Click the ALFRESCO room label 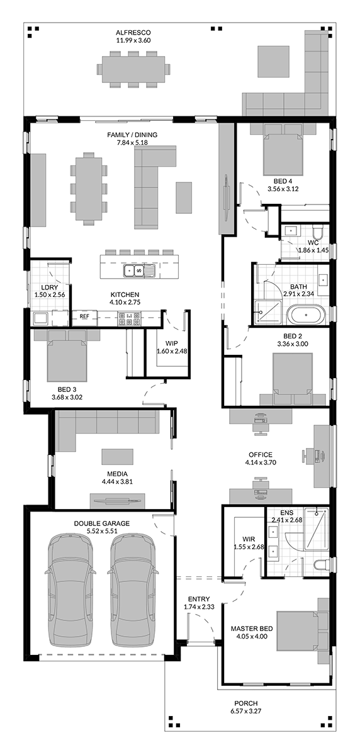click(x=133, y=33)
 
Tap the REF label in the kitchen click(x=84, y=316)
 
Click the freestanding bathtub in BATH click(x=306, y=315)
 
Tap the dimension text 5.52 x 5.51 click(x=101, y=531)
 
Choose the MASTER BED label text click(x=252, y=629)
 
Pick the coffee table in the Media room click(x=117, y=457)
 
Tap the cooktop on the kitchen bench click(x=129, y=319)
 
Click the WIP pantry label click(x=172, y=344)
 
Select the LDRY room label click(x=50, y=288)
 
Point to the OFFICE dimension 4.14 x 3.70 click(x=261, y=462)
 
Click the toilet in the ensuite click(x=320, y=564)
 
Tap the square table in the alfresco click(x=274, y=62)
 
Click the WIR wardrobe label click(x=249, y=539)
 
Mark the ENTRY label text click(x=199, y=599)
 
